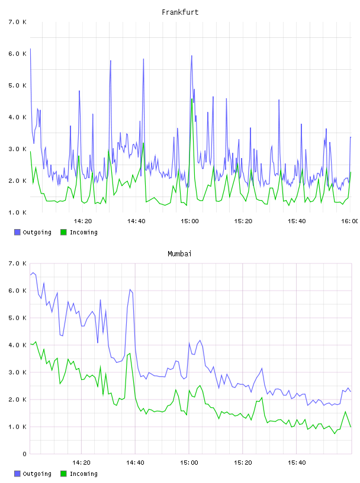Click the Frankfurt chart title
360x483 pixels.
[180, 12]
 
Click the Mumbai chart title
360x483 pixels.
[179, 254]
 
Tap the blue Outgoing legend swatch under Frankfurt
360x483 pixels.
[17, 232]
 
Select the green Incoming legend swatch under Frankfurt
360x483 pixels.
[63, 232]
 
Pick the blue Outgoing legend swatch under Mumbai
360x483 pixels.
[17, 474]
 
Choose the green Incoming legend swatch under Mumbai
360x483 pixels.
[63, 474]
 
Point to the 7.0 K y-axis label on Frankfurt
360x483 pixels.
[18, 22]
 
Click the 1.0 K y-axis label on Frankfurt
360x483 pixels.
[18, 212]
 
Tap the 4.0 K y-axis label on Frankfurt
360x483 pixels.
[18, 117]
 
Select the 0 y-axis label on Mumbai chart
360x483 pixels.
[25, 454]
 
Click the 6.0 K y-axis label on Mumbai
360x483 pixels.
[18, 291]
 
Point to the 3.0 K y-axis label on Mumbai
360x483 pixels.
[18, 372]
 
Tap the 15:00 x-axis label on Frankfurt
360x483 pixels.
[189, 221]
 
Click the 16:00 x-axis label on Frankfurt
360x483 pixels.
[350, 221]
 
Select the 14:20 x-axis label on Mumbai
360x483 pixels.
[81, 463]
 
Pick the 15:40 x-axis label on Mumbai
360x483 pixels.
[297, 463]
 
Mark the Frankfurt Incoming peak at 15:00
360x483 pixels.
[192, 99]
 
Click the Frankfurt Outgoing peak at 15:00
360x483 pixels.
[191, 56]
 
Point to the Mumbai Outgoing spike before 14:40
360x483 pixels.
[130, 289]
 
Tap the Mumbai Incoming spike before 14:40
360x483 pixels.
[130, 353]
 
